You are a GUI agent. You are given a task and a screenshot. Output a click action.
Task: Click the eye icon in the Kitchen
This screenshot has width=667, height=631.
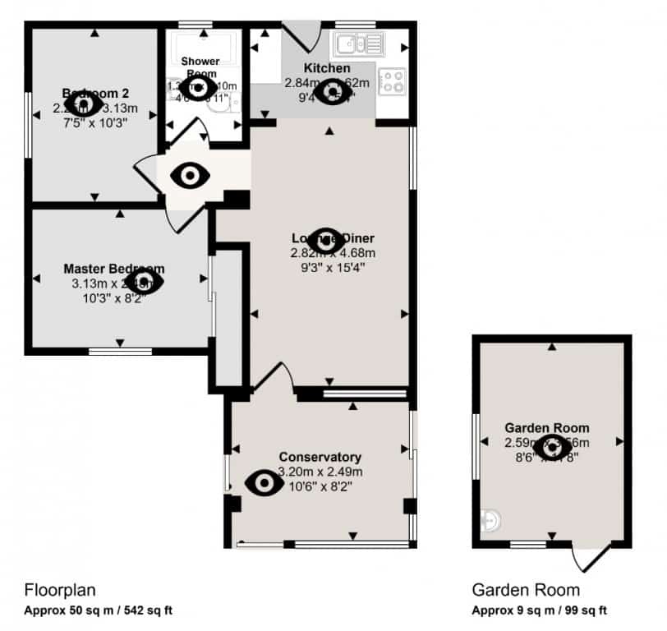click(333, 92)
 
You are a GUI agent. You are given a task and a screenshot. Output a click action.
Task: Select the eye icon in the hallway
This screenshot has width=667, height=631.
click(191, 175)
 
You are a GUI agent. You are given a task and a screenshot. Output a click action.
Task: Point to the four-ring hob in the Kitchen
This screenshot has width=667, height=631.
click(392, 80)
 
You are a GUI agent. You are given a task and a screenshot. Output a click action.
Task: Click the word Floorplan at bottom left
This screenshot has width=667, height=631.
click(61, 589)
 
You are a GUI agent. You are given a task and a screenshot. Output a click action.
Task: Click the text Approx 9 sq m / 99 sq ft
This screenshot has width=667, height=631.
click(539, 610)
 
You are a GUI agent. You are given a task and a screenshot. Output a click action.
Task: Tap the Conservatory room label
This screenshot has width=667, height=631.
click(320, 457)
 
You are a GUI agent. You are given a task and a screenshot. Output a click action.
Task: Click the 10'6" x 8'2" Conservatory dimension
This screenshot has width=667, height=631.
click(320, 485)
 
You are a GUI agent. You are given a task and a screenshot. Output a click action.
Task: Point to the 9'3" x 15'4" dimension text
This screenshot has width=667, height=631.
click(328, 266)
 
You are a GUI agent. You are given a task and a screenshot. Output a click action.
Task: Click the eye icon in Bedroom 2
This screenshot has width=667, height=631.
click(82, 104)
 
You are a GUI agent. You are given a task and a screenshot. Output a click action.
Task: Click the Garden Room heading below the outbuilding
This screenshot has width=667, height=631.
click(525, 589)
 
